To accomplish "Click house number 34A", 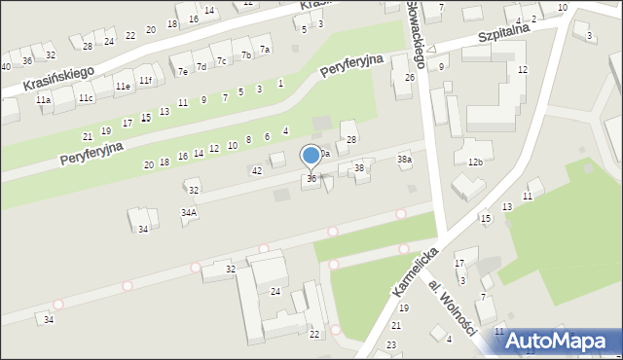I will point(189,211).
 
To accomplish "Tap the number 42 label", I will point(257,171).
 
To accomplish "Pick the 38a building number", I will point(404,159).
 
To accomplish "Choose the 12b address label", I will point(475,162).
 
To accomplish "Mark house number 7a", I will point(265,49).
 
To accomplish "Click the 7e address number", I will point(182,71).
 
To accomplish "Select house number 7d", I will point(202,66).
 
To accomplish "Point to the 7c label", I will point(222,61).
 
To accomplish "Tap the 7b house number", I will point(246,55).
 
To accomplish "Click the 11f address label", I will point(145,80).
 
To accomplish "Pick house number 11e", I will point(123,86).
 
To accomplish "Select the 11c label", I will point(86,97).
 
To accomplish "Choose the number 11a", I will point(43,100).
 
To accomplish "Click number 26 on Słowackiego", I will point(410,77).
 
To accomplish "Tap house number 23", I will point(391,344).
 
